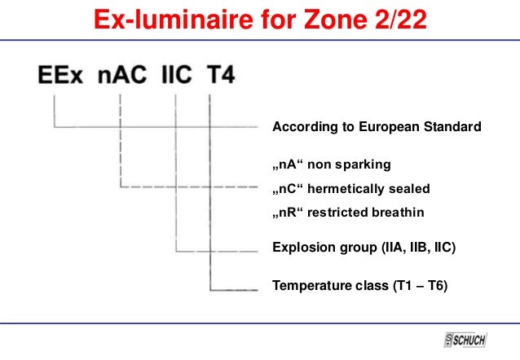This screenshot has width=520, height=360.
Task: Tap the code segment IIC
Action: [176, 78]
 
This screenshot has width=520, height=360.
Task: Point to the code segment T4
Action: [219, 78]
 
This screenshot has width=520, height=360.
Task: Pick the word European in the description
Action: [396, 127]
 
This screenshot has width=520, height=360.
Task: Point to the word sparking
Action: [365, 165]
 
